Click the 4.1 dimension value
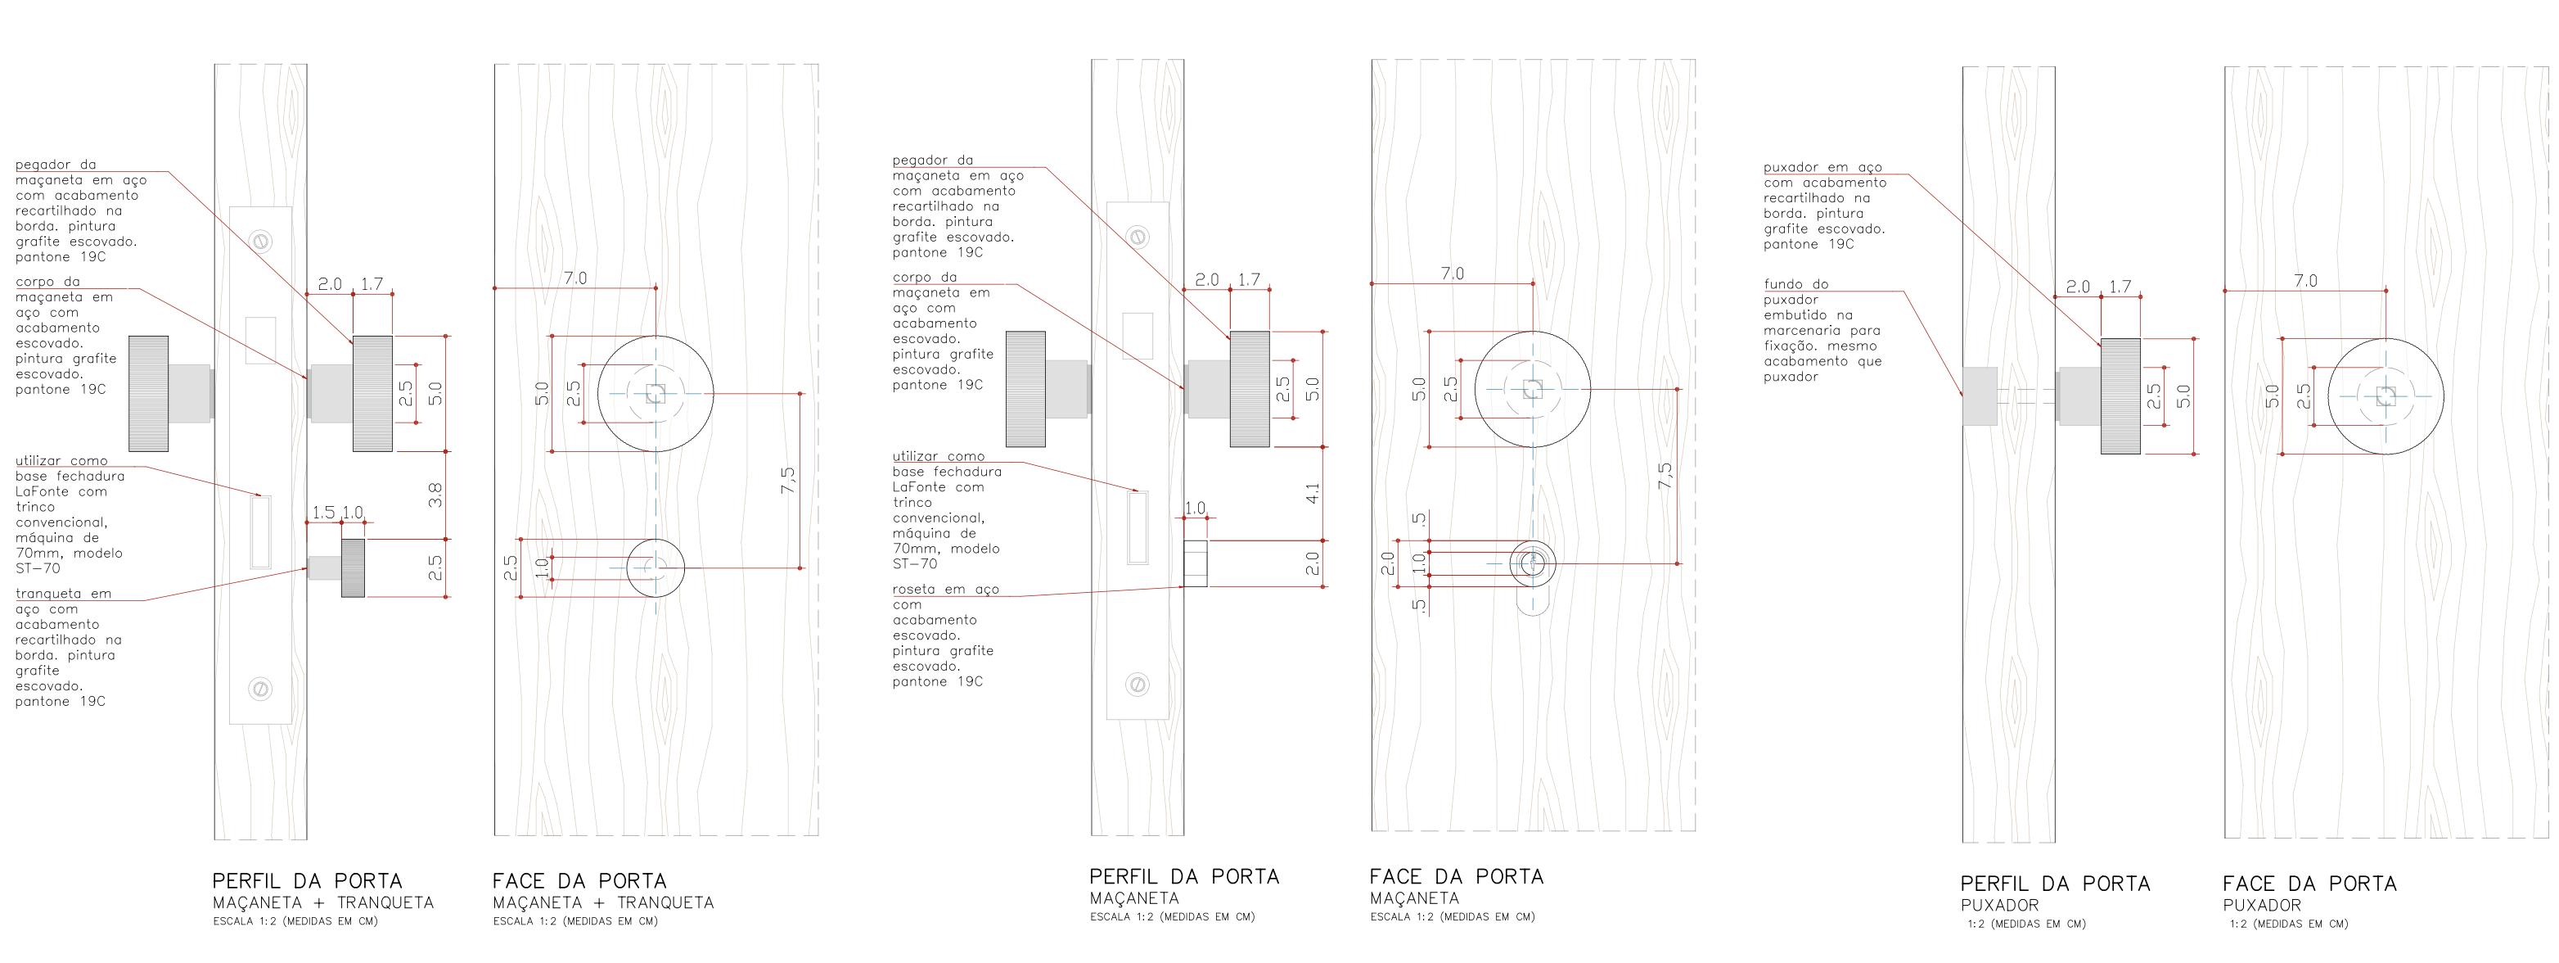click(x=1313, y=493)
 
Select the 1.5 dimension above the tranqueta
click(x=323, y=513)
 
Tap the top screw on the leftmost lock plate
click(x=261, y=241)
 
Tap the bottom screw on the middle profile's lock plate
click(x=1138, y=684)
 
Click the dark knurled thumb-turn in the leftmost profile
click(x=353, y=567)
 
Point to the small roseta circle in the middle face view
click(x=1533, y=564)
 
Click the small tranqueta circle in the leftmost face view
click(x=656, y=567)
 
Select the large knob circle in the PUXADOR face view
click(x=2386, y=396)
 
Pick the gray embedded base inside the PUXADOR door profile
click(x=1980, y=396)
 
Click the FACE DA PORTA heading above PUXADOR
click(x=2309, y=884)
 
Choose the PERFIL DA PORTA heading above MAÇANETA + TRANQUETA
click(x=307, y=881)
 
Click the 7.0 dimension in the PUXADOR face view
click(x=2305, y=281)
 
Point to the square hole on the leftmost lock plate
click(x=260, y=340)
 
